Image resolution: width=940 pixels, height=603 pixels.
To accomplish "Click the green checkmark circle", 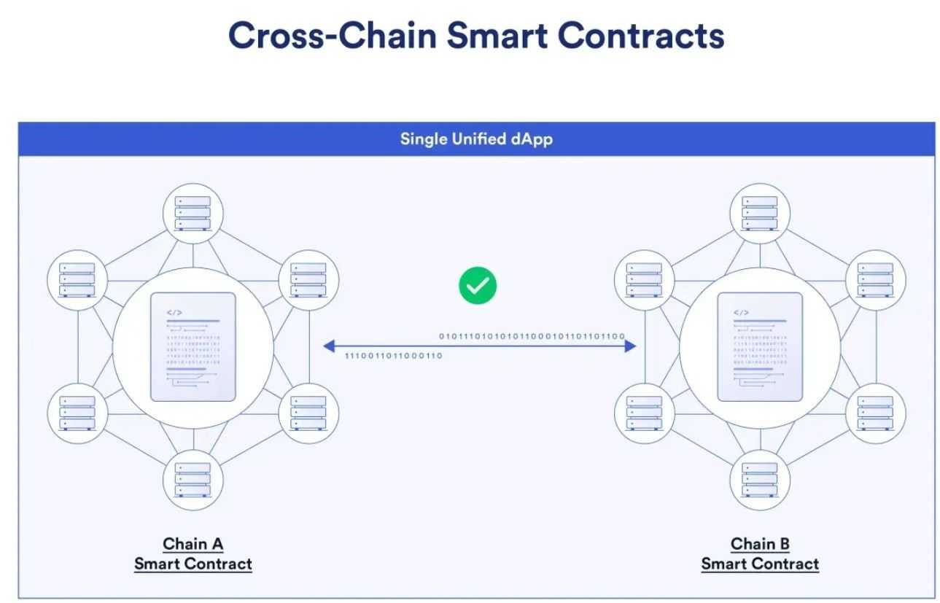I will click(x=478, y=286).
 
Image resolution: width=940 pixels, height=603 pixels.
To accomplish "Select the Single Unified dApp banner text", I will click(x=476, y=139).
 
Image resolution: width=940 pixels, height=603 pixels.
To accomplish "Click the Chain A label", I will click(x=193, y=544).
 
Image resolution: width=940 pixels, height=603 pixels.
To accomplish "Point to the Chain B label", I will click(x=760, y=544).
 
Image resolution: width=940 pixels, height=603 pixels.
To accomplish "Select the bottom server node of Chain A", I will click(x=193, y=480).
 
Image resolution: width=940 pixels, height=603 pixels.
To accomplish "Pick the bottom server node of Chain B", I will click(x=760, y=480).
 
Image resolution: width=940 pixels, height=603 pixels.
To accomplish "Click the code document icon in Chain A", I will click(x=193, y=346).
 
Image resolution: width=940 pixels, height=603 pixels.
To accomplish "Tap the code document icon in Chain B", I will click(x=760, y=346).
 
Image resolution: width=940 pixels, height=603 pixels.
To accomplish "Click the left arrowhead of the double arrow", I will click(x=328, y=346).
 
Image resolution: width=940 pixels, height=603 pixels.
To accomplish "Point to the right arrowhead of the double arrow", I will click(x=631, y=346).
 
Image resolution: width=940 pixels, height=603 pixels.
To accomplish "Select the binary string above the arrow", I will click(x=532, y=336).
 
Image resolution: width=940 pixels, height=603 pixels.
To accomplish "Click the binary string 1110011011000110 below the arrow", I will click(x=393, y=356).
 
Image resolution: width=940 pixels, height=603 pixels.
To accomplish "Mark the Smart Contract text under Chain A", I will click(x=193, y=564).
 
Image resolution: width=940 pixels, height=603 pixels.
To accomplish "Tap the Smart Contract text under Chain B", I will click(x=760, y=564).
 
